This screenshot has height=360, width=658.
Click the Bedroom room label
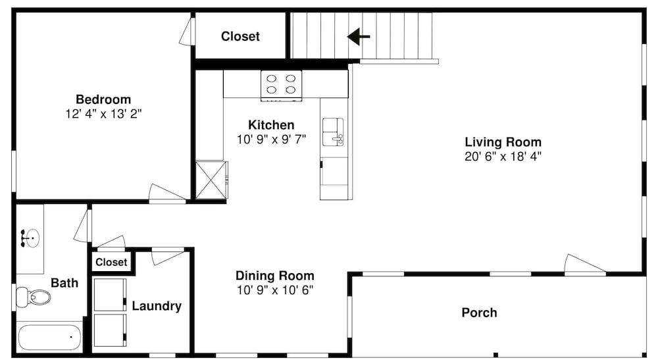103,99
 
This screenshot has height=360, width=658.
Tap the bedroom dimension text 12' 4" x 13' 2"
103,114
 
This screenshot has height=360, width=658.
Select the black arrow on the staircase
359,36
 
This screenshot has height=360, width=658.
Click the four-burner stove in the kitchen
281,86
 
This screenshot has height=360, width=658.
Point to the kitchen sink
333,132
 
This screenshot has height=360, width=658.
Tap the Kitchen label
271,125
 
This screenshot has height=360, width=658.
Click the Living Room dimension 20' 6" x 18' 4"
503,157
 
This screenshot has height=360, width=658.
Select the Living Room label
503,141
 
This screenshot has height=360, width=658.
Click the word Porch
479,313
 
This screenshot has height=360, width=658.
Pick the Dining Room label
274,276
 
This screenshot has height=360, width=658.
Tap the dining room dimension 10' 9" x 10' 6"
274,290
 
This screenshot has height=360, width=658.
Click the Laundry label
157,306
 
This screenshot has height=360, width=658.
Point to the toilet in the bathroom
33,297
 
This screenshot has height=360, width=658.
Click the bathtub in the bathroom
49,337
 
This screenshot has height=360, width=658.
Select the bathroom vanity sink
30,238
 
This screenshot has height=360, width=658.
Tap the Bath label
64,283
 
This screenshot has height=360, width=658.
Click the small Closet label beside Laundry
111,262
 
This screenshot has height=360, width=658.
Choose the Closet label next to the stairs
240,36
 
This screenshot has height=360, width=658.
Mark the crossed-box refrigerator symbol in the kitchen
211,180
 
